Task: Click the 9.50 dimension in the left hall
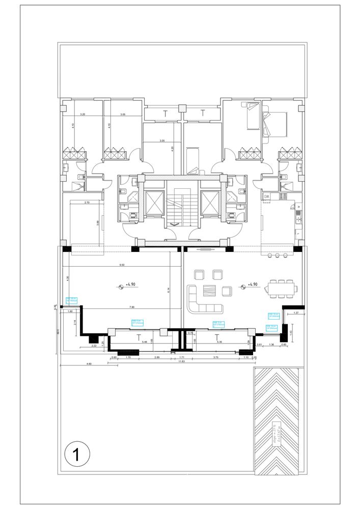(121, 265)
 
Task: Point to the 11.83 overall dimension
(181, 362)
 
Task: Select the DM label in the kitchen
(266, 196)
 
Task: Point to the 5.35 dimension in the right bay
(219, 342)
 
